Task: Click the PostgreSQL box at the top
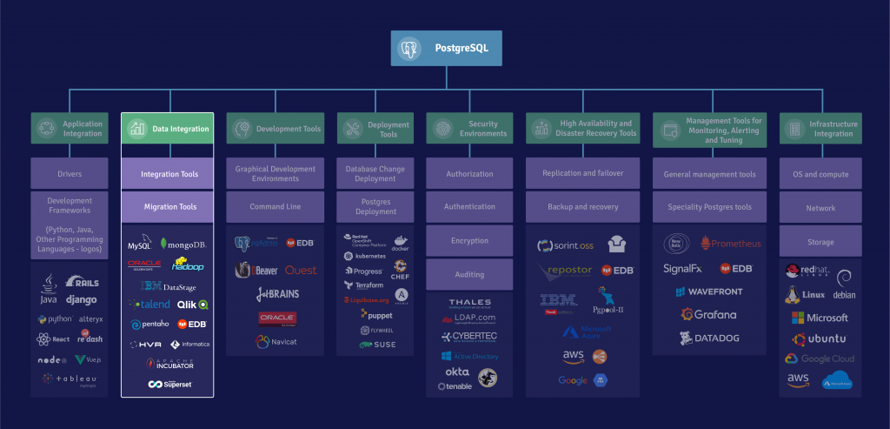(446, 49)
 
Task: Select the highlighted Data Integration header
(167, 129)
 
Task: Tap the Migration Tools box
(167, 207)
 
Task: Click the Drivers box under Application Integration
(69, 174)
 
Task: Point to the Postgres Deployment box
(375, 207)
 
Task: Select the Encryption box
(469, 241)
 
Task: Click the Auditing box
(469, 274)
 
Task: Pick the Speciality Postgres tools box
(709, 207)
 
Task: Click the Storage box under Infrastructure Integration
(820, 241)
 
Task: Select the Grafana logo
(708, 314)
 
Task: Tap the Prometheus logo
(730, 244)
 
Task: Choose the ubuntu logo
(820, 339)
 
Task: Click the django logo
(82, 300)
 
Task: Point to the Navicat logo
(276, 342)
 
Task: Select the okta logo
(456, 372)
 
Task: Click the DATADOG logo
(708, 338)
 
